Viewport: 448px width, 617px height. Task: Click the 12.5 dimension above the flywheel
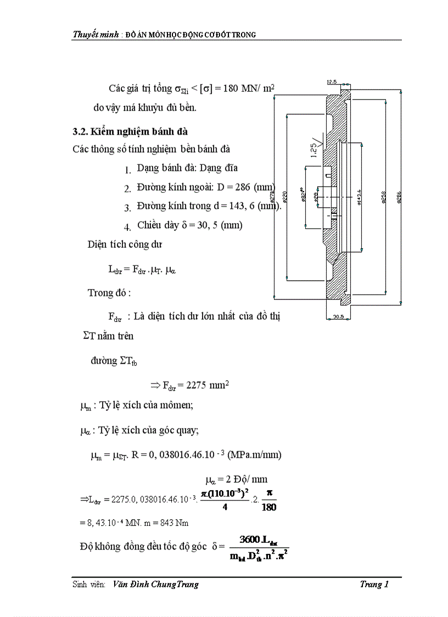tap(332, 82)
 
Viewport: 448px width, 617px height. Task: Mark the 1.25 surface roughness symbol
tap(314, 147)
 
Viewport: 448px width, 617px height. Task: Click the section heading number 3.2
tap(80, 131)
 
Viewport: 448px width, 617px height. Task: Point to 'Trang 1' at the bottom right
tap(374, 584)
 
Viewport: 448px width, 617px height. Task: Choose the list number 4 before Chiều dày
tap(127, 226)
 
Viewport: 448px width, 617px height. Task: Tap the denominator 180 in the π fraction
tap(269, 507)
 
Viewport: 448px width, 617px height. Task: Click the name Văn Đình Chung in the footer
tap(140, 584)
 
